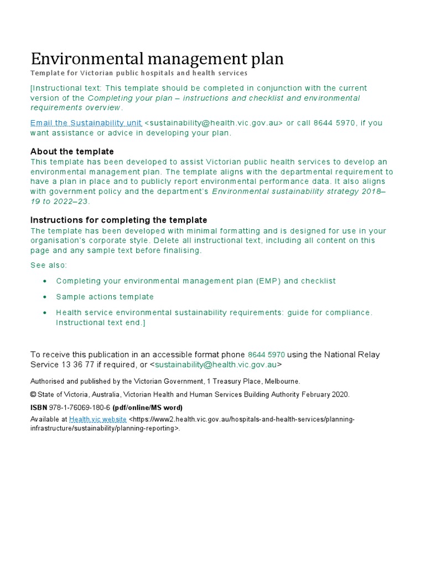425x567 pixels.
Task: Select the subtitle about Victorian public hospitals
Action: pyautogui.click(x=139, y=73)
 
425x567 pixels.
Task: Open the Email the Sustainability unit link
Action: pyautogui.click(x=86, y=123)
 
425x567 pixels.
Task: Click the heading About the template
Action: pyautogui.click(x=72, y=151)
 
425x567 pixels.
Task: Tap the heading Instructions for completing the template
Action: pyautogui.click(x=118, y=220)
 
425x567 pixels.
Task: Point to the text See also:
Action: pyautogui.click(x=49, y=265)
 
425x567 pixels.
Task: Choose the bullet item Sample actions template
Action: pyautogui.click(x=105, y=297)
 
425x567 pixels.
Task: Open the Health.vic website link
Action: pyautogui.click(x=98, y=419)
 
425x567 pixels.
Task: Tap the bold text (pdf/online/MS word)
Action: pyautogui.click(x=148, y=407)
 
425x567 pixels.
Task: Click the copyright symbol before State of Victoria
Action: pyautogui.click(x=33, y=394)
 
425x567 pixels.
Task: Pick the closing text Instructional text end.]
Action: pyautogui.click(x=100, y=322)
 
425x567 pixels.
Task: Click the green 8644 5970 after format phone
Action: pyautogui.click(x=266, y=354)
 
